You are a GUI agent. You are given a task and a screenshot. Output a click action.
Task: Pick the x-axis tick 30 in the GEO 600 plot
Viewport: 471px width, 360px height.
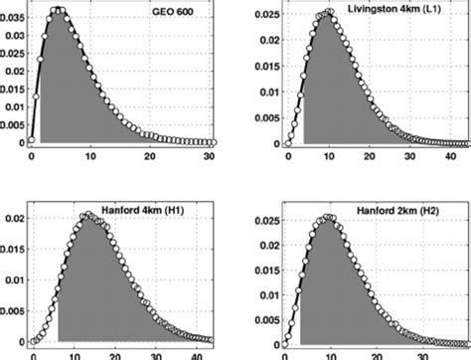pyautogui.click(x=209, y=156)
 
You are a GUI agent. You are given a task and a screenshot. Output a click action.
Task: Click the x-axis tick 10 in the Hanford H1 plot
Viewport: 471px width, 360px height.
pyautogui.click(x=75, y=355)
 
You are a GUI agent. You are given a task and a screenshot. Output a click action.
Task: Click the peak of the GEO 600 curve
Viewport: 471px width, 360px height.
pyautogui.click(x=58, y=11)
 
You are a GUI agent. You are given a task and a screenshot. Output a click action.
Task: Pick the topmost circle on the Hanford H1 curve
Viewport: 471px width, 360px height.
pyautogui.click(x=89, y=215)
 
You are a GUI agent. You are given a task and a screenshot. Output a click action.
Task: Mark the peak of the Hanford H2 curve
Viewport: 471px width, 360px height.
pyautogui.click(x=328, y=218)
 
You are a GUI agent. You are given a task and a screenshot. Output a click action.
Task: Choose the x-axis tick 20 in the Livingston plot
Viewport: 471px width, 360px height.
pyautogui.click(x=369, y=156)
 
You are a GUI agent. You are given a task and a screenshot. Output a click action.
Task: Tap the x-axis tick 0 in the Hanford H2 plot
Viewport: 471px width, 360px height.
pyautogui.click(x=287, y=355)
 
